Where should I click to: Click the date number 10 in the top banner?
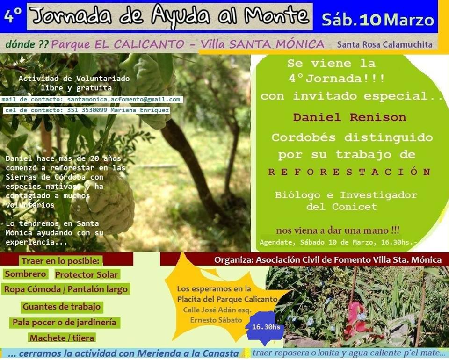pos(370,20)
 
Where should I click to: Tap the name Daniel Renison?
pos(350,117)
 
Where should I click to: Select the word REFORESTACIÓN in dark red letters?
pos(350,172)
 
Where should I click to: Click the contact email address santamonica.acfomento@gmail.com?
pos(123,99)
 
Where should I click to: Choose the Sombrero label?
pos(25,274)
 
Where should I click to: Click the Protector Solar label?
pos(87,275)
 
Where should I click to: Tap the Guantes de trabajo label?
pos(62,307)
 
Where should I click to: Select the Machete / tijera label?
pos(62,338)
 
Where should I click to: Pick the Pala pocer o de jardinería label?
pos(65,323)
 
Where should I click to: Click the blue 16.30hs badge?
pos(266,327)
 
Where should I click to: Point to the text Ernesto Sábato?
pos(216,320)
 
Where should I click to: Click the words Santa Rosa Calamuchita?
pos(384,44)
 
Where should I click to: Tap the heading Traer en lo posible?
pos(61,261)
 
